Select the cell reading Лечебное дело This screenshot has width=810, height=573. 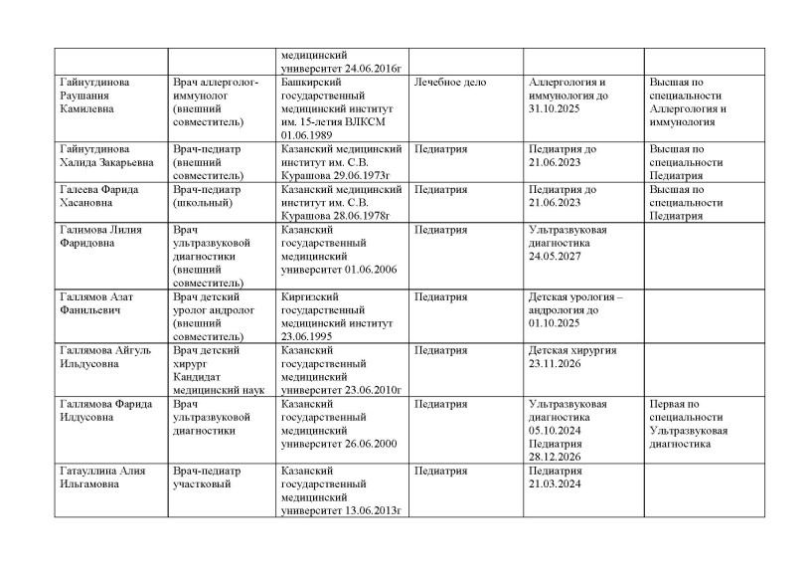(449, 82)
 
